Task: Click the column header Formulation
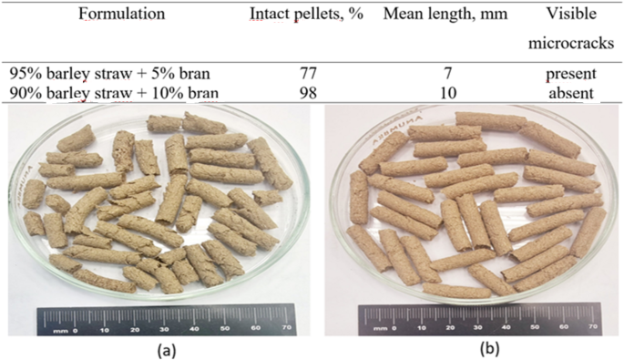click(121, 15)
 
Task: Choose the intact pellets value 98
click(307, 90)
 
